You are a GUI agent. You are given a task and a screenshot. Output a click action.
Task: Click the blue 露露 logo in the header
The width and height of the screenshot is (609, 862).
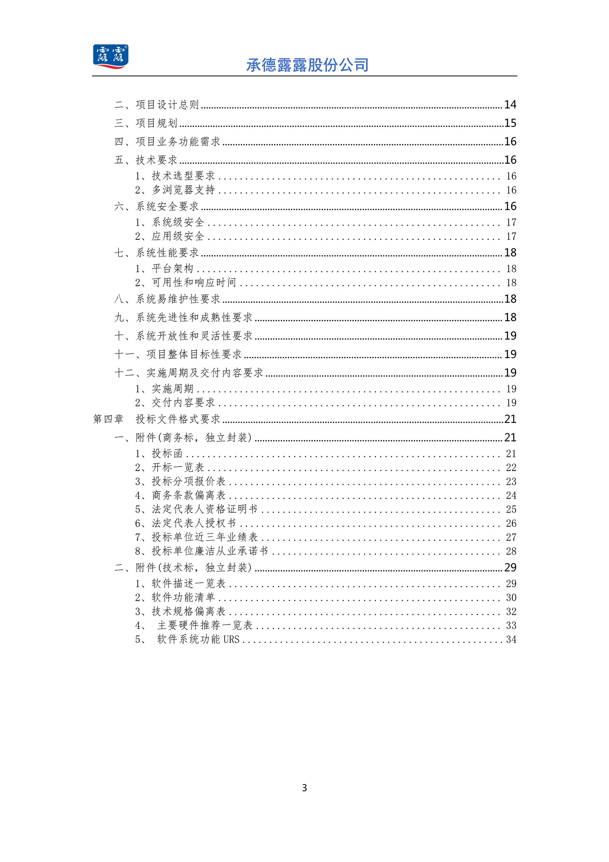coord(110,56)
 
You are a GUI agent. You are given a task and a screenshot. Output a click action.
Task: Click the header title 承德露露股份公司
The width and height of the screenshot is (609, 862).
coord(307,65)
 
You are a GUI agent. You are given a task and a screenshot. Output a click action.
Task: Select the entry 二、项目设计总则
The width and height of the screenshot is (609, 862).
coord(157,105)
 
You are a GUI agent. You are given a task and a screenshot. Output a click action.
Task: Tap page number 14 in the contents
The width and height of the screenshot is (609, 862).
coord(510,105)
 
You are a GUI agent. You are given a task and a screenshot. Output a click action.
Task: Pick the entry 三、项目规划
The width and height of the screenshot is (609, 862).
coord(146,123)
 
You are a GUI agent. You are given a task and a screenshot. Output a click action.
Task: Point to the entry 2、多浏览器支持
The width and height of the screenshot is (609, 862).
coord(175,190)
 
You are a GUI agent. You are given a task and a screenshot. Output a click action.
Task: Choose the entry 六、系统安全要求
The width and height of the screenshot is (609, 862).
coord(157,206)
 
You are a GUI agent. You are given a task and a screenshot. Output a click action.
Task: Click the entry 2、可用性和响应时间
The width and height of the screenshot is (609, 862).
coord(186,282)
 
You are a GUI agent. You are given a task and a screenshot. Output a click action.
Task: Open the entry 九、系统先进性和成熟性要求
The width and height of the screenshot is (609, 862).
coord(184,317)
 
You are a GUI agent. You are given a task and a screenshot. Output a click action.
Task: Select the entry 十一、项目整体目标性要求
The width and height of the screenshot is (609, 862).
coord(178,354)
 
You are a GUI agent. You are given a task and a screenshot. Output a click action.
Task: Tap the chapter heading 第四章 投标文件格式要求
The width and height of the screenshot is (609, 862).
coord(157,419)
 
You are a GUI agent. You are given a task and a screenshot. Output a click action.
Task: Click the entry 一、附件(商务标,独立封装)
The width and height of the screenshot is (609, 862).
coord(184,438)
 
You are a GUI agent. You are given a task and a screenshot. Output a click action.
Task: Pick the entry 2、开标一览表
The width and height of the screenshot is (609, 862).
coord(170,467)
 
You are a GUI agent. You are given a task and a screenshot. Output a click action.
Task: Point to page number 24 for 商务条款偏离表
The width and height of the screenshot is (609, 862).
coord(511,495)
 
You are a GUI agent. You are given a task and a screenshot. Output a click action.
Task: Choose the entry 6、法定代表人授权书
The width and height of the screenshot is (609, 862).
coord(186,523)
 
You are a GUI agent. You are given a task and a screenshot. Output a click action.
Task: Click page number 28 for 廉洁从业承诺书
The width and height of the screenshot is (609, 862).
coord(511,551)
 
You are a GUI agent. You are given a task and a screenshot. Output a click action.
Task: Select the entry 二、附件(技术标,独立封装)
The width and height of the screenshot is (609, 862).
coord(184,568)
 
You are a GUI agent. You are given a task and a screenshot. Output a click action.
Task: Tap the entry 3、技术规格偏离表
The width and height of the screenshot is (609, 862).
coord(180,611)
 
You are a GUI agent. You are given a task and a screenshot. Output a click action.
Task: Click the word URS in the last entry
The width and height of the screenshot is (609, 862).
coord(231,639)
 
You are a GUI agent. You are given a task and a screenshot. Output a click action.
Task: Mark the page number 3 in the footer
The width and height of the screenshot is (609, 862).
coord(304,788)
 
